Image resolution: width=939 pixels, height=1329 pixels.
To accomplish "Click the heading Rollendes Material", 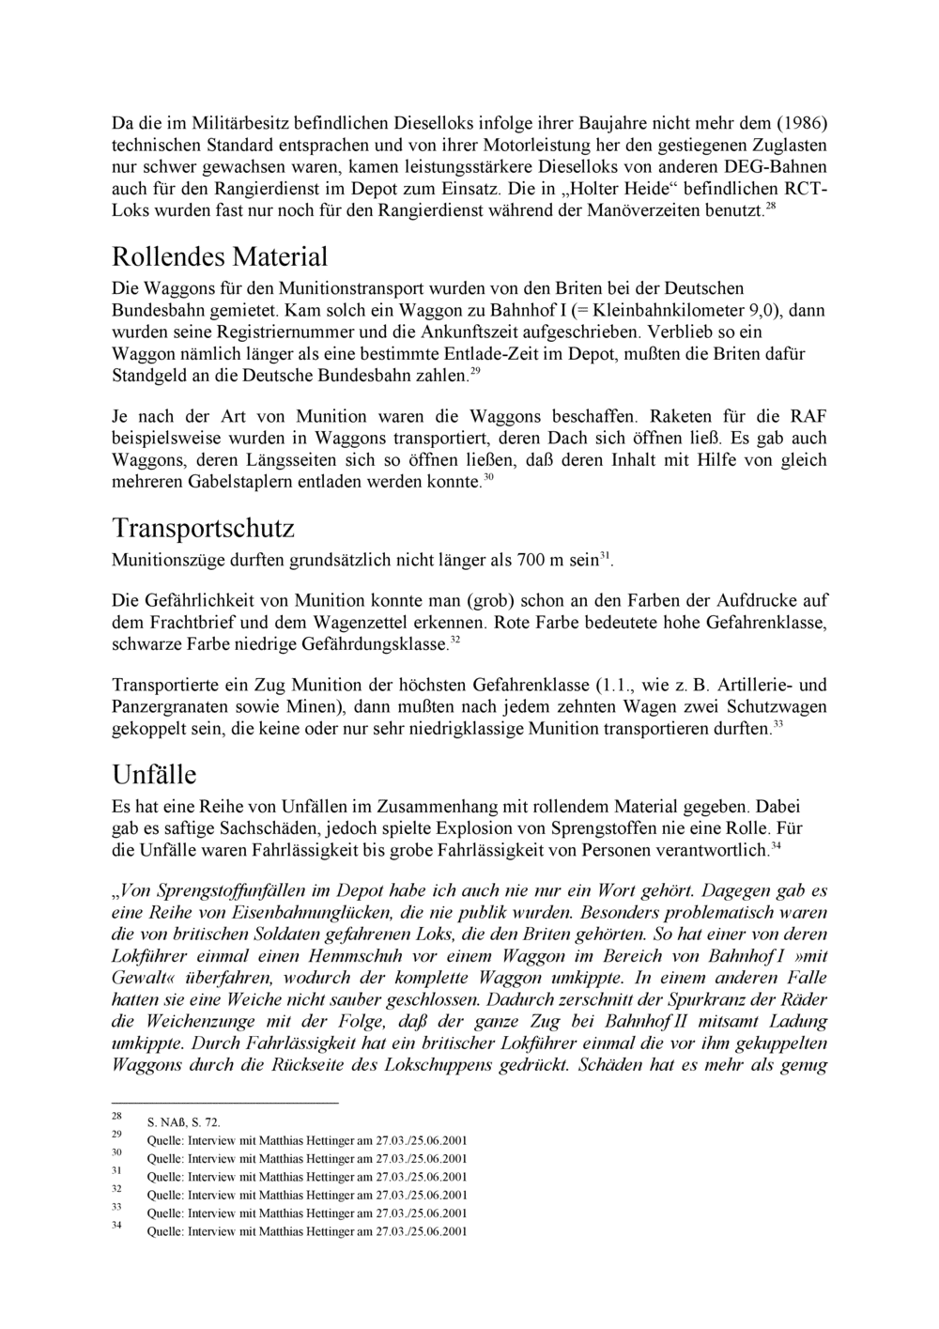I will [x=220, y=256].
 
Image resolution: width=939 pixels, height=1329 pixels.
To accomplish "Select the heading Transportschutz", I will [x=203, y=528].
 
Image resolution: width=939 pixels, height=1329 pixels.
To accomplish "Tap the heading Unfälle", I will [x=154, y=775].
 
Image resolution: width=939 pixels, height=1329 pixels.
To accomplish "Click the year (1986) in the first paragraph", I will [x=801, y=123].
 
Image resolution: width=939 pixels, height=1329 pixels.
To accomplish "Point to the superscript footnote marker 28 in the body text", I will [x=771, y=206].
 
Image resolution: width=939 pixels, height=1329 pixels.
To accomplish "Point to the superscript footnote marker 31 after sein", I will [x=605, y=557].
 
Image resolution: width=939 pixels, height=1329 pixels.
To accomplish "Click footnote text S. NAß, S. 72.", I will [x=184, y=1122].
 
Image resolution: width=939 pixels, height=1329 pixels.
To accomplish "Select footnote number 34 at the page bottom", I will [x=117, y=1225].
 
